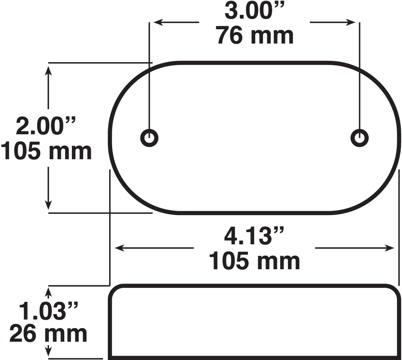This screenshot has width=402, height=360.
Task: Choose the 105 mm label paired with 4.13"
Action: tap(254, 261)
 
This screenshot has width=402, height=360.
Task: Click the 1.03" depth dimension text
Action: tap(48, 311)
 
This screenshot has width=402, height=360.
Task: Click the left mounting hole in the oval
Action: tap(149, 137)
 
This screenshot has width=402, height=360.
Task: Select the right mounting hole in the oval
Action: tap(359, 137)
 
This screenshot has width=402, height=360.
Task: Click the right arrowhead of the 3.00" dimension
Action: tap(351, 23)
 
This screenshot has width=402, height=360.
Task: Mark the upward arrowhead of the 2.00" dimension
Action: tap(49, 70)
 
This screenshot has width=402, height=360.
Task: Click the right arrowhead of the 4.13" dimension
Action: tap(390, 248)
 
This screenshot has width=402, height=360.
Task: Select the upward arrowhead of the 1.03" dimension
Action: tap(49, 292)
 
